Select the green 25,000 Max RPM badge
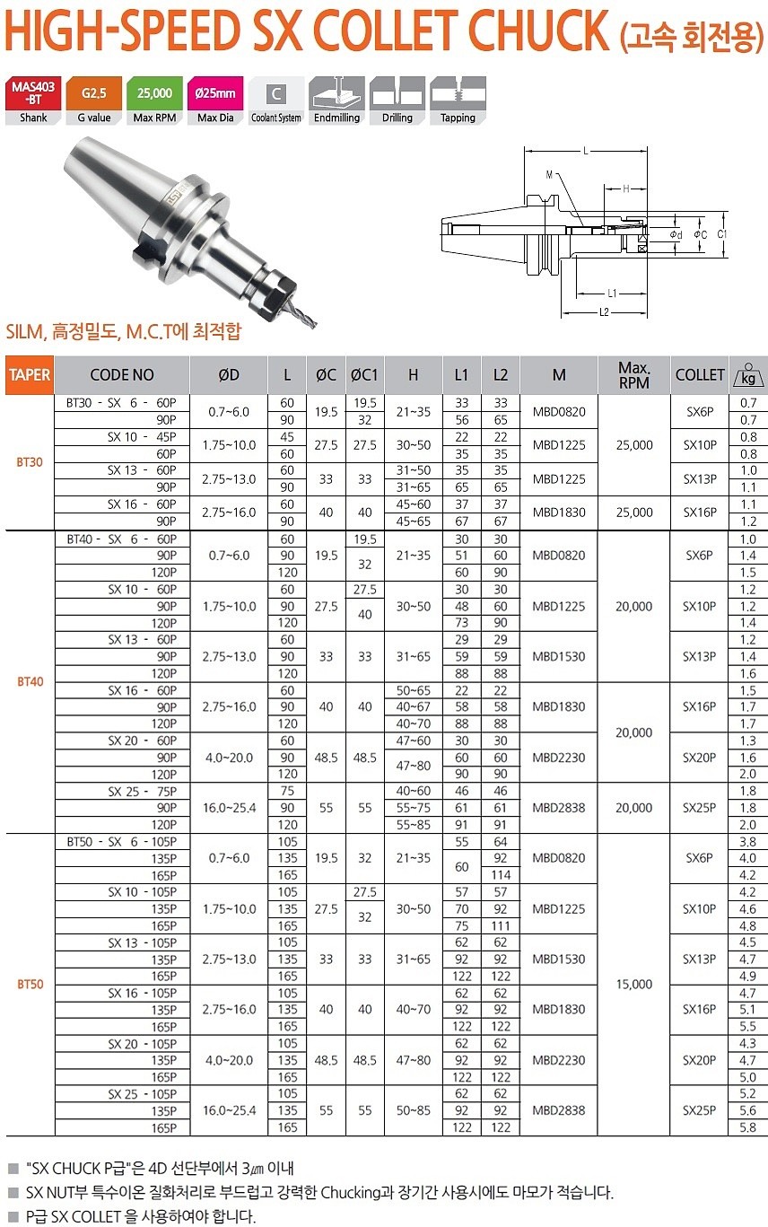click(x=154, y=93)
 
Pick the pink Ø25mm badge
click(x=215, y=93)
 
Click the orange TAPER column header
click(x=30, y=374)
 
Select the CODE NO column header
click(x=122, y=374)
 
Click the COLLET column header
click(x=699, y=374)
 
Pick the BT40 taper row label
click(x=30, y=681)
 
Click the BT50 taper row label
click(x=30, y=984)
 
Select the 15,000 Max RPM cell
click(x=634, y=984)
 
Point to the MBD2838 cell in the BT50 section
click(x=558, y=1110)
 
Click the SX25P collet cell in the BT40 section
click(x=699, y=807)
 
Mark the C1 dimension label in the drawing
click(x=722, y=234)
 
